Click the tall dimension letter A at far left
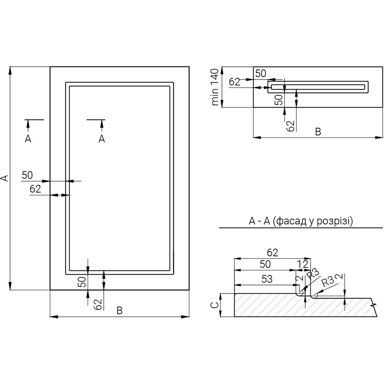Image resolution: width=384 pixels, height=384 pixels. (4, 178)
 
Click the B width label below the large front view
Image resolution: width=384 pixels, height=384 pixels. (119, 311)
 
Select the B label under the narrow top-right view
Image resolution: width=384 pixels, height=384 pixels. (318, 132)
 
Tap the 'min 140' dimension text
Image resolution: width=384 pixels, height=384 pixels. (215, 87)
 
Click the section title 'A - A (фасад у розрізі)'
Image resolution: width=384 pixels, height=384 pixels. (301, 221)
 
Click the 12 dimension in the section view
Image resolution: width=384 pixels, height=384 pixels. (303, 264)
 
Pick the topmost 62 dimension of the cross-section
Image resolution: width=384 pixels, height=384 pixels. (272, 252)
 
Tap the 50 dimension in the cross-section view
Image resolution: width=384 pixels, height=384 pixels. (265, 264)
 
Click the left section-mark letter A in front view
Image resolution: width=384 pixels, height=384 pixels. (28, 139)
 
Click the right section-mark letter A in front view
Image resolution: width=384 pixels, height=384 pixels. (101, 139)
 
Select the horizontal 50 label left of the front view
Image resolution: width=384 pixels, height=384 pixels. (27, 175)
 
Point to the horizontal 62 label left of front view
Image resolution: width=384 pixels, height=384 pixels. (35, 189)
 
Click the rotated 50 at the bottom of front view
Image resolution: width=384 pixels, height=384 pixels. (81, 281)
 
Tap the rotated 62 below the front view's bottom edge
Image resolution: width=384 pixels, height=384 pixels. (98, 304)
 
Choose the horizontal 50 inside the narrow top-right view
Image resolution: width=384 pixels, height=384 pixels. (261, 74)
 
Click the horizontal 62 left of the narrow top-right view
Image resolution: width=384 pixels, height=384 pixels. (235, 82)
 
